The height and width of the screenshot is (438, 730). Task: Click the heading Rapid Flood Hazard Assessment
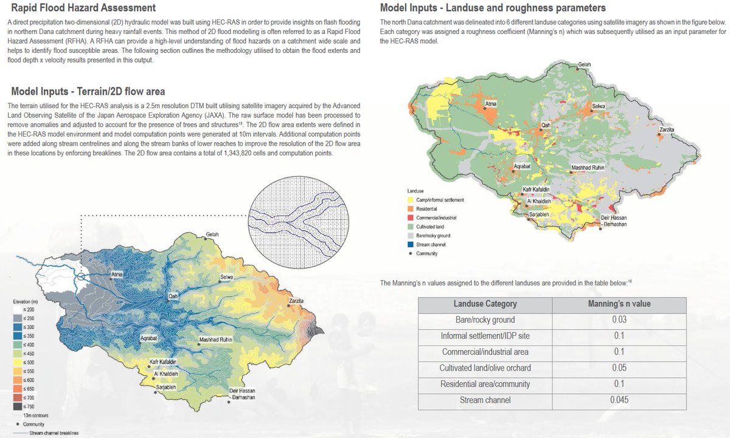point(83,9)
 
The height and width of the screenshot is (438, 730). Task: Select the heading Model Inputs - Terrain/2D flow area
point(88,92)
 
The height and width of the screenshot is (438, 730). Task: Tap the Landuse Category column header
point(485,304)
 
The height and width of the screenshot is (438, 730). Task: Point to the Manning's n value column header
point(619,304)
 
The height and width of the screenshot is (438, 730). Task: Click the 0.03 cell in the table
point(619,320)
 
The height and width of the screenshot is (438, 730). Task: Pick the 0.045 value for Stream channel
point(619,399)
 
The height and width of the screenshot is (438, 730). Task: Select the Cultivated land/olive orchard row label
point(485,368)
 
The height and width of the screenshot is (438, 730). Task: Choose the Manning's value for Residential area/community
point(619,383)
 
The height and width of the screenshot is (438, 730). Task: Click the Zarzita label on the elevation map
point(296,301)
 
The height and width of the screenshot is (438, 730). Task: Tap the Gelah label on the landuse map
point(584,64)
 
